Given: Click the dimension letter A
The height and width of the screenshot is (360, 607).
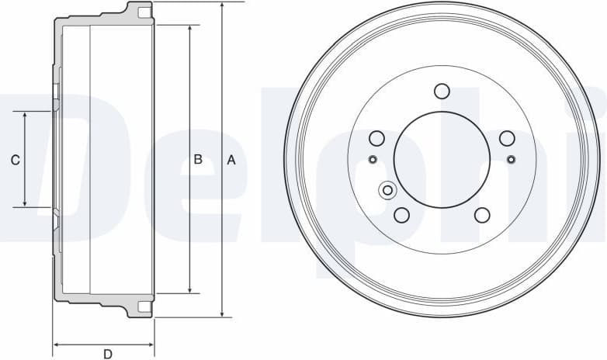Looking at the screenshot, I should (231, 160).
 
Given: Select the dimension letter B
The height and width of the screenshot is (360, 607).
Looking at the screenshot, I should (198, 160).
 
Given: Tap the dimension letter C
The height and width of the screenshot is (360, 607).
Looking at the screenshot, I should (15, 160).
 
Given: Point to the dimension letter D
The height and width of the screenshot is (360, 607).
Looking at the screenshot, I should (107, 354).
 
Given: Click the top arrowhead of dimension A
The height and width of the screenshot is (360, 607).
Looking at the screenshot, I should (223, 5).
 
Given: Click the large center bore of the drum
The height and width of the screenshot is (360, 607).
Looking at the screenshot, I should (442, 160).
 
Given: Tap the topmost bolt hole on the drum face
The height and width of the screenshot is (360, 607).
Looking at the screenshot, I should (442, 91).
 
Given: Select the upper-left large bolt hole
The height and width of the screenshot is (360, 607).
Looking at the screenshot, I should (376, 138).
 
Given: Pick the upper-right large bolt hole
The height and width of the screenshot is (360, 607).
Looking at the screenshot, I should (507, 138).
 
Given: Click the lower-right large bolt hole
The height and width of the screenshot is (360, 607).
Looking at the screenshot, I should (482, 215).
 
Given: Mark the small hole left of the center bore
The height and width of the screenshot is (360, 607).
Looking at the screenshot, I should (372, 160).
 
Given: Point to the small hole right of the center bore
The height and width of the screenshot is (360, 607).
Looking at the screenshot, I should (511, 160).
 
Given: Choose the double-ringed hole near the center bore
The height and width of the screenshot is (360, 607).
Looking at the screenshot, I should (387, 190).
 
